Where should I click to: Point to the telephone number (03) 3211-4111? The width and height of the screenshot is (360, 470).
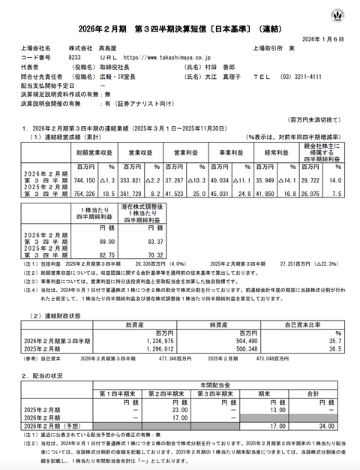[x=301, y=76]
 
